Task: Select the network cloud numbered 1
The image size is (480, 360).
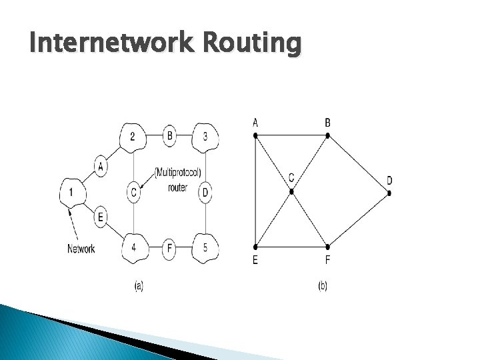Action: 72,193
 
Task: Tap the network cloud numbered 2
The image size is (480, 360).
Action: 133,137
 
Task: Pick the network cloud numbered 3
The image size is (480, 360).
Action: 205,137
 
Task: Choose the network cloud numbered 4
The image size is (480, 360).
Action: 134,248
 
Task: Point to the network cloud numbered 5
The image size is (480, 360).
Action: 205,248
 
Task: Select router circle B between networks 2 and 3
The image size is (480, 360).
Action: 170,137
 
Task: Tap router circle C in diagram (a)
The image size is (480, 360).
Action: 134,193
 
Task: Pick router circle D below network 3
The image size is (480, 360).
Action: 205,193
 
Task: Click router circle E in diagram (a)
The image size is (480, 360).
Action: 101,217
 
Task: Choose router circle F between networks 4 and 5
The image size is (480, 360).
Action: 170,249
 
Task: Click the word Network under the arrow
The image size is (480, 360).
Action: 81,249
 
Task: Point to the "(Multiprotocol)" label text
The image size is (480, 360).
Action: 177,173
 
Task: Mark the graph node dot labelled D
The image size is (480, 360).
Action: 389,193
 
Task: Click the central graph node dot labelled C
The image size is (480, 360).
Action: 291,192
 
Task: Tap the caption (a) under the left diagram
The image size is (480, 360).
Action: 139,286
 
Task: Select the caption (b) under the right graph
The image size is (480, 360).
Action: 323,286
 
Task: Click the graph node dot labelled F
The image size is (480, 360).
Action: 327,247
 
